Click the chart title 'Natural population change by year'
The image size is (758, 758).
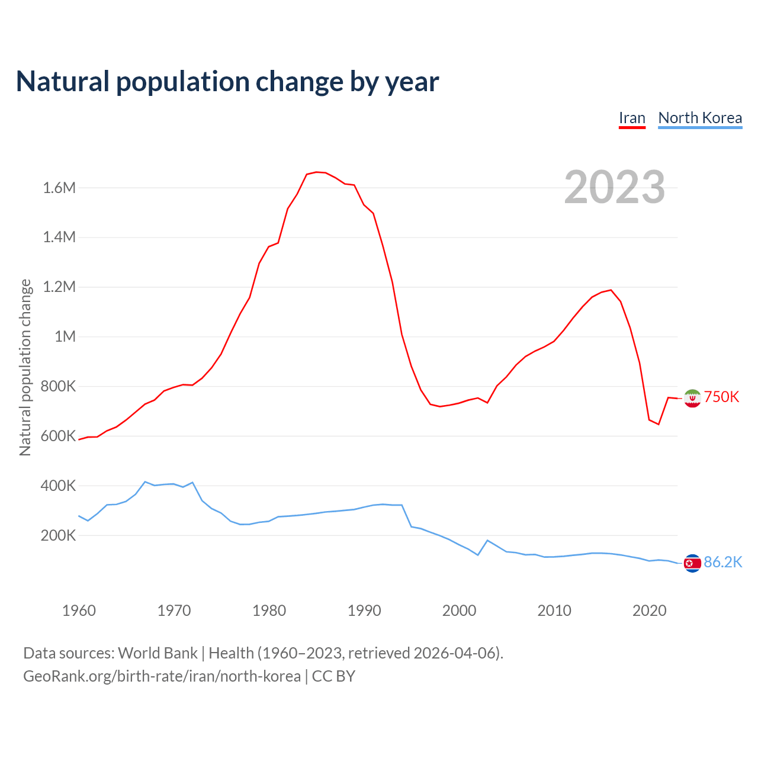tap(227, 82)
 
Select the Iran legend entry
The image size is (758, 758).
tap(632, 118)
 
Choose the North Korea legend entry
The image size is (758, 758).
tap(700, 118)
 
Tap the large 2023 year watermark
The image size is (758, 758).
tap(614, 187)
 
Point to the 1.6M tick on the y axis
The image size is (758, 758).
tap(59, 188)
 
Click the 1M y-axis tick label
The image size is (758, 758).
tap(65, 337)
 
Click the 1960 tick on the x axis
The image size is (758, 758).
tap(79, 611)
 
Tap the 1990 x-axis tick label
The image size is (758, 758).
tap(364, 611)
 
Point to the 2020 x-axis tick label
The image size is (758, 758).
tap(650, 611)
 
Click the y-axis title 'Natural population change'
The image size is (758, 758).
tap(25, 367)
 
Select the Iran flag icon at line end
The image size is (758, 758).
tap(692, 399)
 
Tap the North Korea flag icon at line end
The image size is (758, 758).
tap(692, 563)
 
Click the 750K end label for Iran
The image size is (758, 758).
tap(721, 397)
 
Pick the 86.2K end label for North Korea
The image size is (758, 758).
tap(722, 562)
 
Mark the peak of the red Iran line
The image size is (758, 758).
tap(316, 172)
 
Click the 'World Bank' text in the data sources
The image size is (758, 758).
tap(158, 653)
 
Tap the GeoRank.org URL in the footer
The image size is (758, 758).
tap(162, 676)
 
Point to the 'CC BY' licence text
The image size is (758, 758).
tap(333, 676)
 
